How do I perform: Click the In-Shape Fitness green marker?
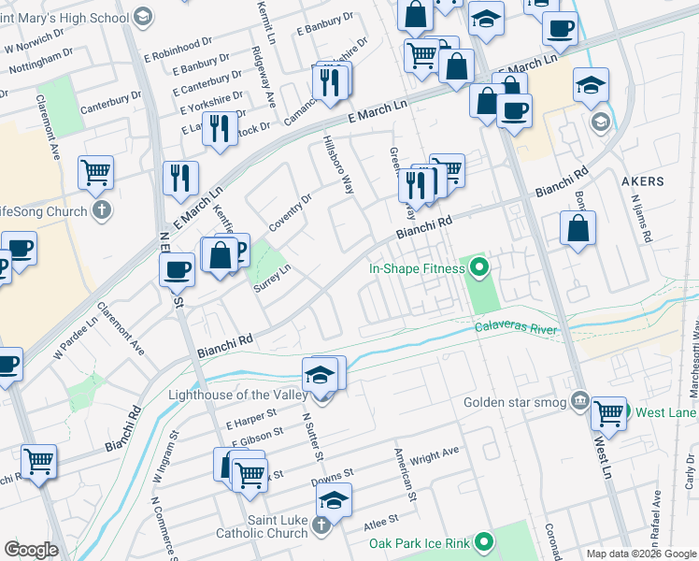(x=480, y=269)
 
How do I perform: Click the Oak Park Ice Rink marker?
(x=483, y=541)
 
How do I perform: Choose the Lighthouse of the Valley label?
(x=237, y=395)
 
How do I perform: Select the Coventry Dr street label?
(x=290, y=214)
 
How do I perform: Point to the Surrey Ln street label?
(x=273, y=279)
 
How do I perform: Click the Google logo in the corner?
(x=31, y=550)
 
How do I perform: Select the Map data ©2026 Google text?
(x=641, y=554)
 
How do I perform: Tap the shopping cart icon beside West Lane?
(x=609, y=412)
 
